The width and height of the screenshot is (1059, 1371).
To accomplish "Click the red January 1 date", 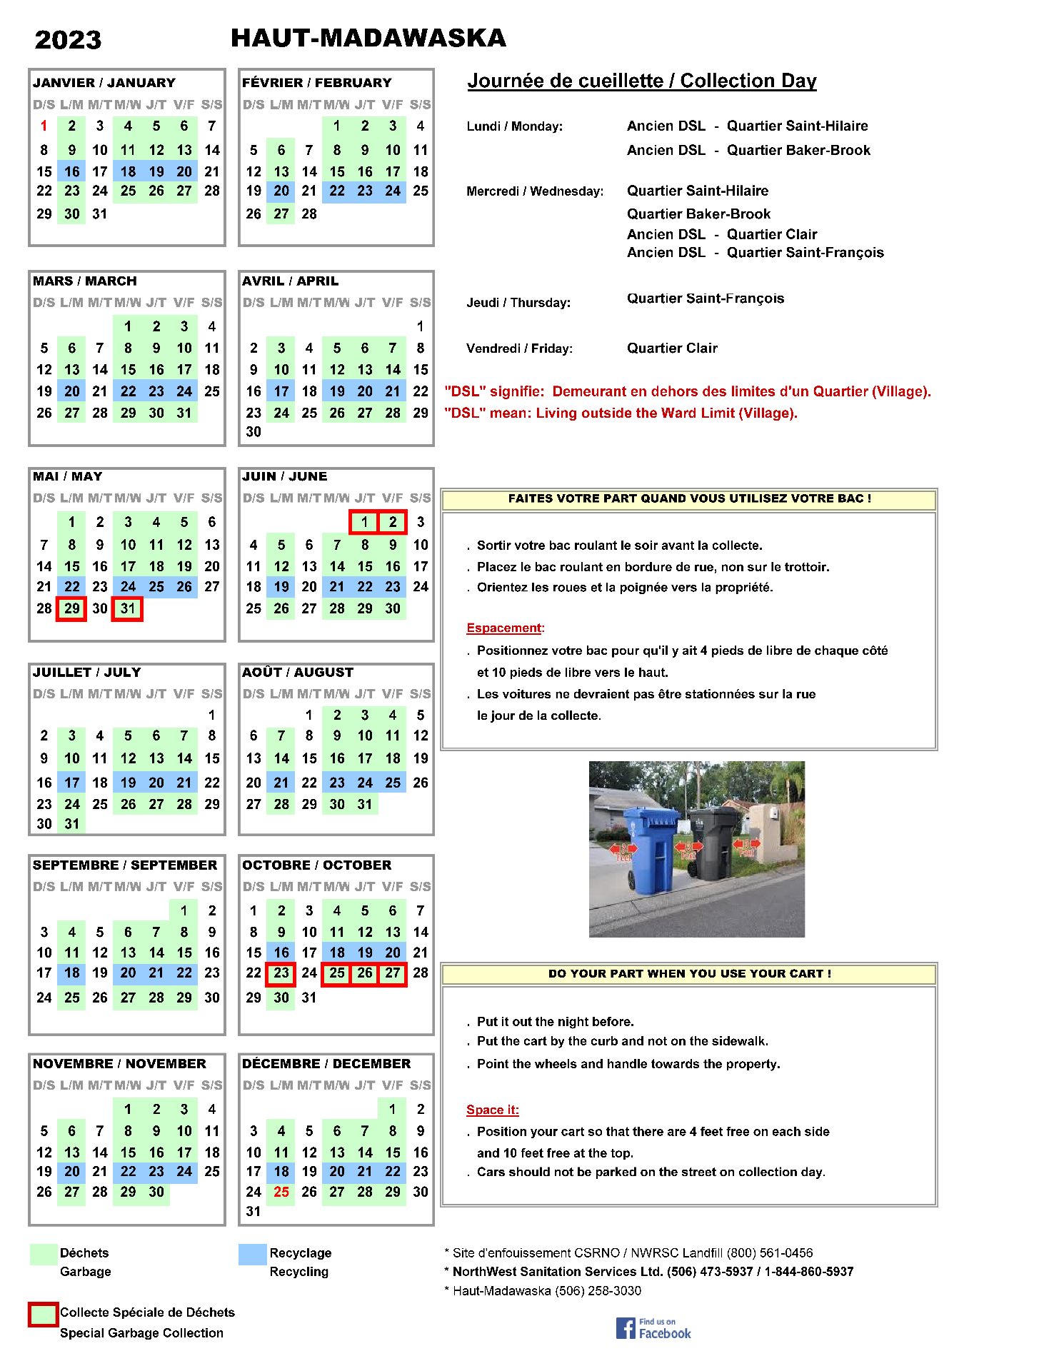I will [x=44, y=126].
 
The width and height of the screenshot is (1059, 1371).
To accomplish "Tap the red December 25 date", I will [x=281, y=1192].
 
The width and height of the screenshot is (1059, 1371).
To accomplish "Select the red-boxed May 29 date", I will [x=71, y=608].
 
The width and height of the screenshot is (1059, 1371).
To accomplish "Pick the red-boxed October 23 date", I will [x=281, y=973].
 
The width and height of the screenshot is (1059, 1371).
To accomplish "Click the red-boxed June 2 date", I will [x=393, y=522].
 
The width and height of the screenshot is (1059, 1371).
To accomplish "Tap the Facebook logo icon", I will [x=626, y=1328].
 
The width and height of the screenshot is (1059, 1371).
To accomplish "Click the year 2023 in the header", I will [x=68, y=40].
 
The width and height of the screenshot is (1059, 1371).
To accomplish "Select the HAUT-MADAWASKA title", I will [x=368, y=38].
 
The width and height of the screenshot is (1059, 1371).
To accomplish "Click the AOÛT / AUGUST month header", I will [x=298, y=673].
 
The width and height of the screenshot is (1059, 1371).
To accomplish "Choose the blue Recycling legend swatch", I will [x=252, y=1255].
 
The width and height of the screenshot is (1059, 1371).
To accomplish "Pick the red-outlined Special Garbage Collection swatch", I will [x=43, y=1315].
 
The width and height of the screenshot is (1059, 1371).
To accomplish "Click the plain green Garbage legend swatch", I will [x=44, y=1255].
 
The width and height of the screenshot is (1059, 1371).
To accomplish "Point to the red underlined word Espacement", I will [x=505, y=628].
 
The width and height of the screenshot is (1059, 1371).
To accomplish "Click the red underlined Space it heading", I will [x=492, y=1110].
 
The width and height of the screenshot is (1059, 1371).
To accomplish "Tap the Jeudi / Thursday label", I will [x=518, y=303].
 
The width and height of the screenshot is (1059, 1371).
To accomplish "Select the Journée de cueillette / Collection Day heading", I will [x=642, y=81].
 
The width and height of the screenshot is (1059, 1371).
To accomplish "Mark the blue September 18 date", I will [x=72, y=973].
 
